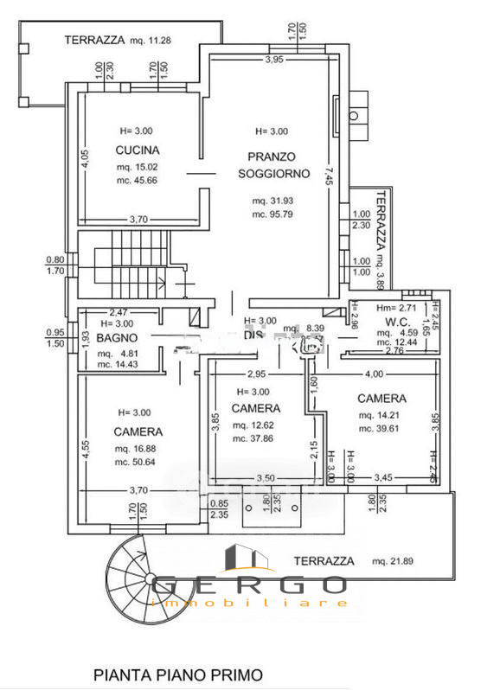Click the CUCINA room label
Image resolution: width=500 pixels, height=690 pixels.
(x=138, y=150)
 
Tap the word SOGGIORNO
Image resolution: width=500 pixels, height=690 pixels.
(x=272, y=173)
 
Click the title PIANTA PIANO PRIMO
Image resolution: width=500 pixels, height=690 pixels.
(x=176, y=674)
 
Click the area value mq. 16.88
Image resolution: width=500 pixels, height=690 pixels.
(x=138, y=449)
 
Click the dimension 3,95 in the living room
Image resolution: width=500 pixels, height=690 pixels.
(x=273, y=60)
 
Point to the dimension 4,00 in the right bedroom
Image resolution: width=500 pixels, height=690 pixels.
(x=374, y=374)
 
